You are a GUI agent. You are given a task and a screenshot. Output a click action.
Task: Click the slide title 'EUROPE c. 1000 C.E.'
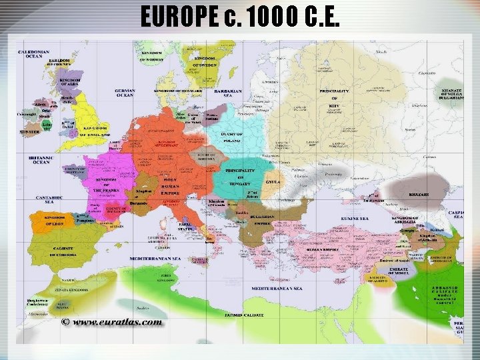[240, 16]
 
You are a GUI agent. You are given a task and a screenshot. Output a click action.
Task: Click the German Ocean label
[125, 94]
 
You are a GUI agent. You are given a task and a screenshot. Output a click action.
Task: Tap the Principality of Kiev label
[333, 98]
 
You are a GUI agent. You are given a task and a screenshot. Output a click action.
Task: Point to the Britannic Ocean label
[41, 159]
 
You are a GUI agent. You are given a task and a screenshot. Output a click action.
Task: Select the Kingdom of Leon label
[57, 221]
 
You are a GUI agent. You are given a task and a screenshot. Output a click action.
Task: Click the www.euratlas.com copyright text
[112, 321]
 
